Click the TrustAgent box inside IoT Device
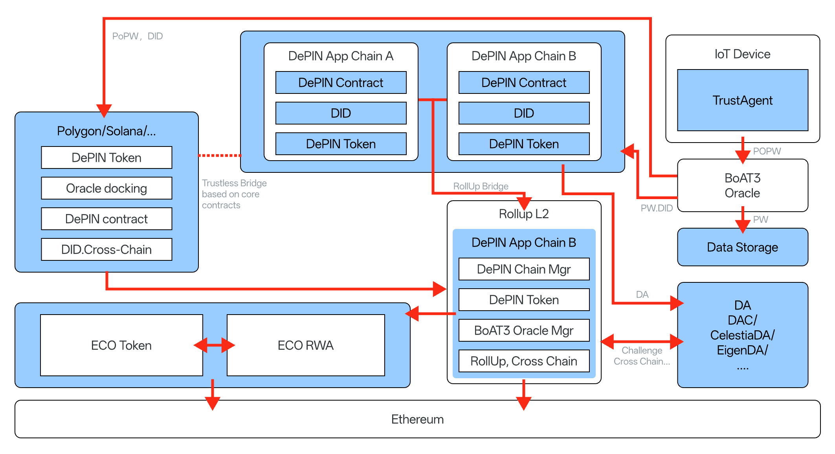[x=742, y=100]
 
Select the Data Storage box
[x=742, y=247]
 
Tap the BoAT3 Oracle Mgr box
[x=524, y=330]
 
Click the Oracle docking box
[x=106, y=188]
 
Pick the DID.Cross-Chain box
[x=106, y=249]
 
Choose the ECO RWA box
[x=305, y=345]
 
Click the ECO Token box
[x=121, y=345]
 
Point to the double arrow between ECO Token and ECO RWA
[x=215, y=345]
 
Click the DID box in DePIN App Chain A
[x=341, y=113]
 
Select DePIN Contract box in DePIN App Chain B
[x=524, y=82]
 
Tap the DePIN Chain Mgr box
[x=524, y=269]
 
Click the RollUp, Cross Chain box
[x=524, y=361]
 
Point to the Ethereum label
[x=417, y=419]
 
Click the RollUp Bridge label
[x=481, y=186]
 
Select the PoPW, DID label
[x=137, y=36]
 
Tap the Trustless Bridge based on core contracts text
[x=234, y=194]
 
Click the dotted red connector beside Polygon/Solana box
[x=219, y=156]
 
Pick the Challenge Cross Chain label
[x=642, y=356]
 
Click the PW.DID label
[x=656, y=208]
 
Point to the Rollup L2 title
[x=524, y=214]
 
